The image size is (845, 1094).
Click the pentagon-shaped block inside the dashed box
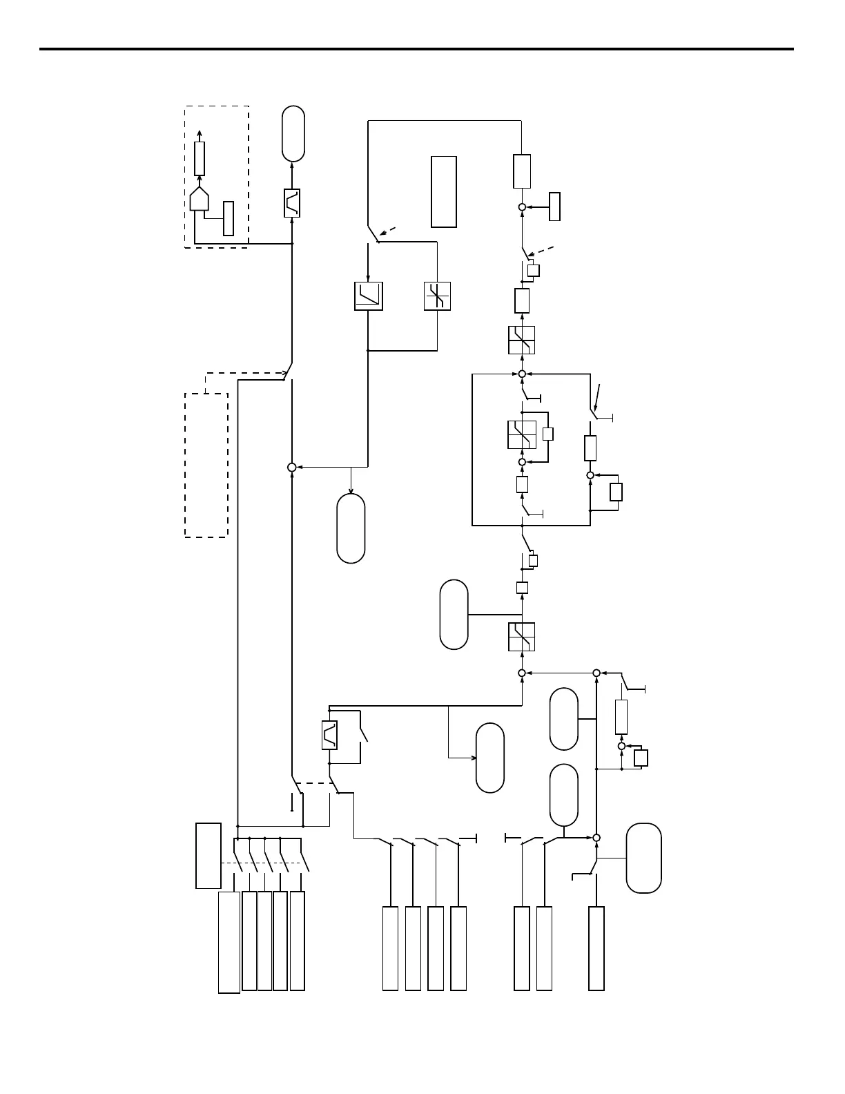200,199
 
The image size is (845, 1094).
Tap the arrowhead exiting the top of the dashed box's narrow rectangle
200,133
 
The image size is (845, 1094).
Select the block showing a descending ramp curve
369,296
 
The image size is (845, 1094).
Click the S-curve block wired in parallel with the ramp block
437,296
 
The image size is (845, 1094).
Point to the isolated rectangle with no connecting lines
444,191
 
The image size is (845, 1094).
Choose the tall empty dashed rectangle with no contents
206,465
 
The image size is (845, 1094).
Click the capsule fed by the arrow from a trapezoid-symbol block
293,134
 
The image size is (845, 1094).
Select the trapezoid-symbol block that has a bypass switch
329,735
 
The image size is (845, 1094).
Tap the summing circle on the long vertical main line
291,468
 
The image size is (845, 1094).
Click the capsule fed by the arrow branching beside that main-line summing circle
351,528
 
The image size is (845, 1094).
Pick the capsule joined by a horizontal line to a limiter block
454,615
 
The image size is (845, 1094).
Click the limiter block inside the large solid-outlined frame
522,434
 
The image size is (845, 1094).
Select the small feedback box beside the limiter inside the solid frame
548,434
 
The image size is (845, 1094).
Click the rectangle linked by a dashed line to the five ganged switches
208,855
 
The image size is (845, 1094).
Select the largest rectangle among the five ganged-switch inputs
229,942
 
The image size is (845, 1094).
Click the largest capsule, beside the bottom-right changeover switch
643,858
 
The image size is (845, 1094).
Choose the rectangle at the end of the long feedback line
522,171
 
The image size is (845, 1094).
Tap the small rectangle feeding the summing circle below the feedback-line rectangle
554,207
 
